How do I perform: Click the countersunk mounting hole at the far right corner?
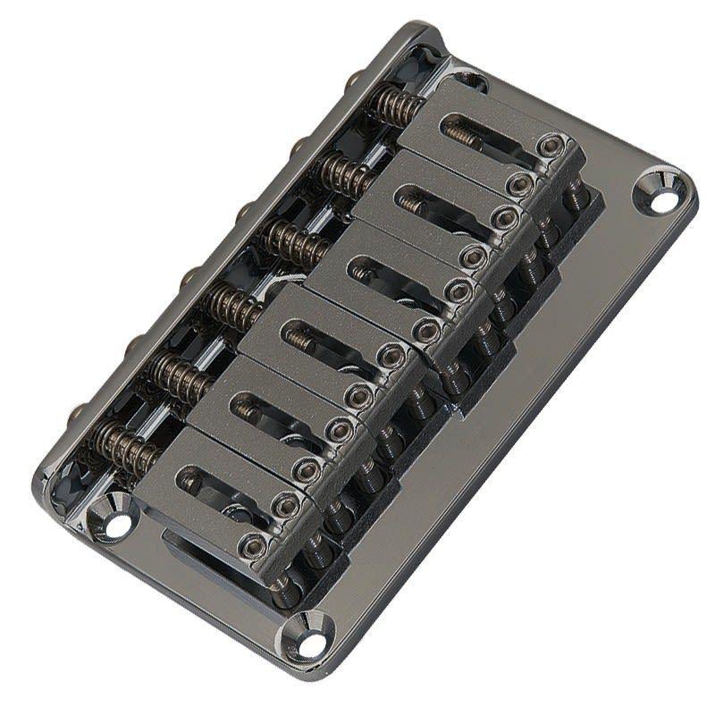[663, 198]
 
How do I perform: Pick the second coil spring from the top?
[345, 172]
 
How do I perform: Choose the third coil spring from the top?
[293, 240]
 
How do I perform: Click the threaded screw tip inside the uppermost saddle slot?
[462, 135]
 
